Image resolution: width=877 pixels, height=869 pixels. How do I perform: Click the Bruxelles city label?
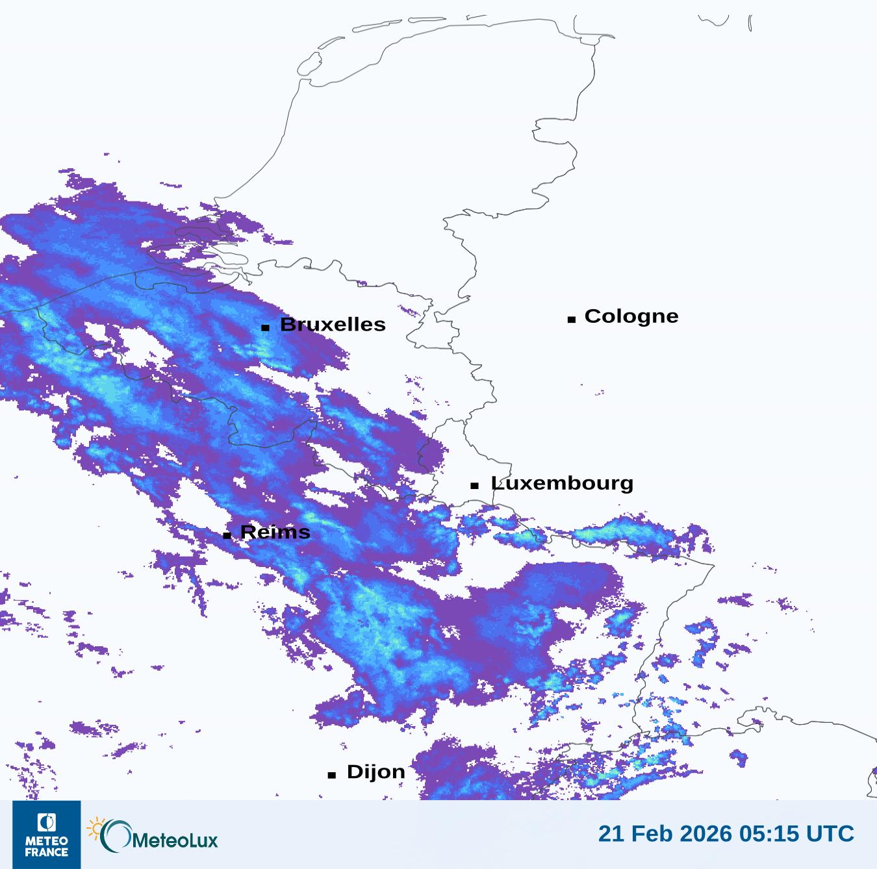(333, 324)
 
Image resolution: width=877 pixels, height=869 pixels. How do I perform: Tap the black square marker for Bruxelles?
(265, 327)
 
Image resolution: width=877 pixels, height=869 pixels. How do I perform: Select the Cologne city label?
(631, 316)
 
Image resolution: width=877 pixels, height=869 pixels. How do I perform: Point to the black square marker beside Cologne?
(572, 319)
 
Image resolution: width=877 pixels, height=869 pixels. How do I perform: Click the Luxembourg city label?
(562, 483)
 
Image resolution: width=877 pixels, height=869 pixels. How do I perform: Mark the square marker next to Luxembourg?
(475, 485)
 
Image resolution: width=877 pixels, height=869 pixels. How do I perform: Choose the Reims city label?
(275, 533)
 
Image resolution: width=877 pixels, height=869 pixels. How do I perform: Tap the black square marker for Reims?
(227, 535)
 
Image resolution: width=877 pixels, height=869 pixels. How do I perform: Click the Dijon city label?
(376, 772)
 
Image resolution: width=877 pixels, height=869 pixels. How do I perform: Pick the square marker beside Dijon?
(332, 774)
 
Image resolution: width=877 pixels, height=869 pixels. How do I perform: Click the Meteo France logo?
(47, 835)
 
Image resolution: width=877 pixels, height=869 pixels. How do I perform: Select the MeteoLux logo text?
(175, 840)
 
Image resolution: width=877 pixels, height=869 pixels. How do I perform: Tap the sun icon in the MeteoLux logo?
(96, 829)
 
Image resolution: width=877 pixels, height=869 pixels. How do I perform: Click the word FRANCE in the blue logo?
(47, 852)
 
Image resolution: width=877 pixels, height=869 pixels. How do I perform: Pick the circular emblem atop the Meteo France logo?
(47, 822)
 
